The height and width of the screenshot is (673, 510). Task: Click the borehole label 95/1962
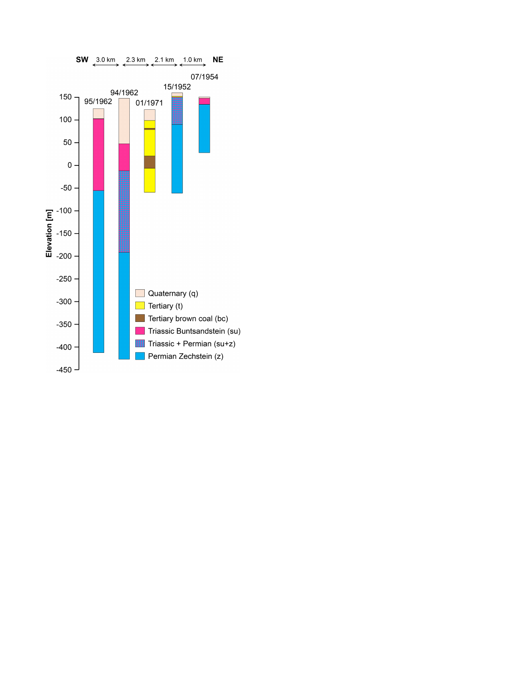[98, 102]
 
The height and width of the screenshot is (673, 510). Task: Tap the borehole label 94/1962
[124, 93]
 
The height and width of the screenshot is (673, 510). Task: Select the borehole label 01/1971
[149, 103]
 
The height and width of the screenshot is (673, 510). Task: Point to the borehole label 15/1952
[177, 87]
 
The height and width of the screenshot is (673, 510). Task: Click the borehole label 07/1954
[204, 77]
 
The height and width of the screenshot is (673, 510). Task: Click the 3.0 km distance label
[106, 60]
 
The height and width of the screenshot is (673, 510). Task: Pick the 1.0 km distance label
[192, 60]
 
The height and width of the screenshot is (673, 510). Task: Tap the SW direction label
[82, 60]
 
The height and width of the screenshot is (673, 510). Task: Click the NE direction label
[218, 60]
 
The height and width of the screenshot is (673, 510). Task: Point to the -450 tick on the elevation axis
[77, 370]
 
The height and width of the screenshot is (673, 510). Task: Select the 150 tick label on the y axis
[65, 97]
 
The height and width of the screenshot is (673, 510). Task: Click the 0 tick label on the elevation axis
[69, 165]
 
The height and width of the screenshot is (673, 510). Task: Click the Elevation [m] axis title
[49, 233]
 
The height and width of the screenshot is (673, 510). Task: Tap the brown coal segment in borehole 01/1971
[149, 162]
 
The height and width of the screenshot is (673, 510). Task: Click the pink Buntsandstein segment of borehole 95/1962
[98, 155]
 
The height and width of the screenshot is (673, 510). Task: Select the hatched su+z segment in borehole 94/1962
[124, 212]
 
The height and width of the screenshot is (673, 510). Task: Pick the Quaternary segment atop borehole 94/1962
[124, 121]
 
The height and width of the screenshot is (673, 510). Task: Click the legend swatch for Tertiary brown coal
[140, 318]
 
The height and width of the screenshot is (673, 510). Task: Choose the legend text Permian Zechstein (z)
[185, 356]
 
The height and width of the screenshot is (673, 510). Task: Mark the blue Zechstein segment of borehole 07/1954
[204, 129]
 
